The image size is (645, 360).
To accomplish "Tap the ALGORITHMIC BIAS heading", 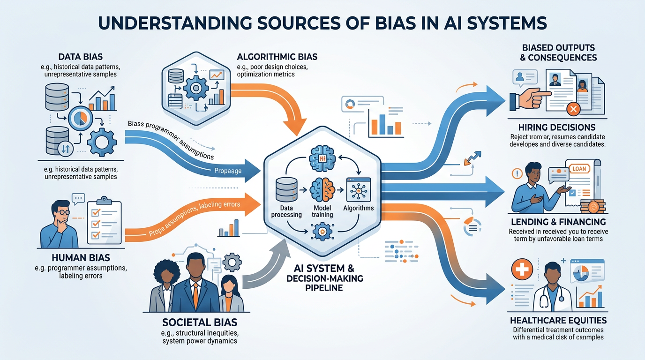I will pos(277,57).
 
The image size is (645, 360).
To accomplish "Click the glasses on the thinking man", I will pos(64,212).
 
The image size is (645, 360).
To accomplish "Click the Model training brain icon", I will pos(322,189).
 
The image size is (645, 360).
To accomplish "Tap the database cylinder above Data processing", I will pos(285,189).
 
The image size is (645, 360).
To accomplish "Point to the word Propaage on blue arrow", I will pos(227,171).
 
